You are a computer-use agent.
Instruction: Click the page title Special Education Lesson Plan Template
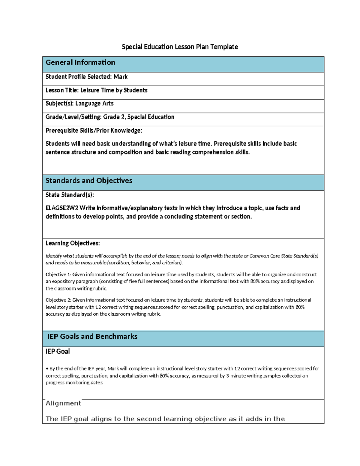(180, 47)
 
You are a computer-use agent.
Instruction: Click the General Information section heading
(80, 62)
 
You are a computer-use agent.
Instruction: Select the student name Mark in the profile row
(121, 77)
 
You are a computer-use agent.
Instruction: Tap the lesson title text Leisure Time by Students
(114, 90)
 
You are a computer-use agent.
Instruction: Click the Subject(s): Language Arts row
(79, 104)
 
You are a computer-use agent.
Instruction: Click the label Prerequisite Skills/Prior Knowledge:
(94, 131)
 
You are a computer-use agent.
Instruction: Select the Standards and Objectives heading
(89, 181)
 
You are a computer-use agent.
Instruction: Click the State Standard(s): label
(70, 195)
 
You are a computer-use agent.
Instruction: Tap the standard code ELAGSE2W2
(62, 208)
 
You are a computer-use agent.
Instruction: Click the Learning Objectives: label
(73, 243)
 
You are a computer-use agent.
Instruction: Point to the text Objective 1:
(58, 275)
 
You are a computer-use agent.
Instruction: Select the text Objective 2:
(58, 300)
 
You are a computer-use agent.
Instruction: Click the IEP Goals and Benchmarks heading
(92, 337)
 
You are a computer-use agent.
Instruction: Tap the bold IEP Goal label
(58, 351)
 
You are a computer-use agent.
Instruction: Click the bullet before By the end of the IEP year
(47, 369)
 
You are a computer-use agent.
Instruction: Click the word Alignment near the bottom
(63, 403)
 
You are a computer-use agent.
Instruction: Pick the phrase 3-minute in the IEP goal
(236, 376)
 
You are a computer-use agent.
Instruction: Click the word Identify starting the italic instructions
(54, 256)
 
